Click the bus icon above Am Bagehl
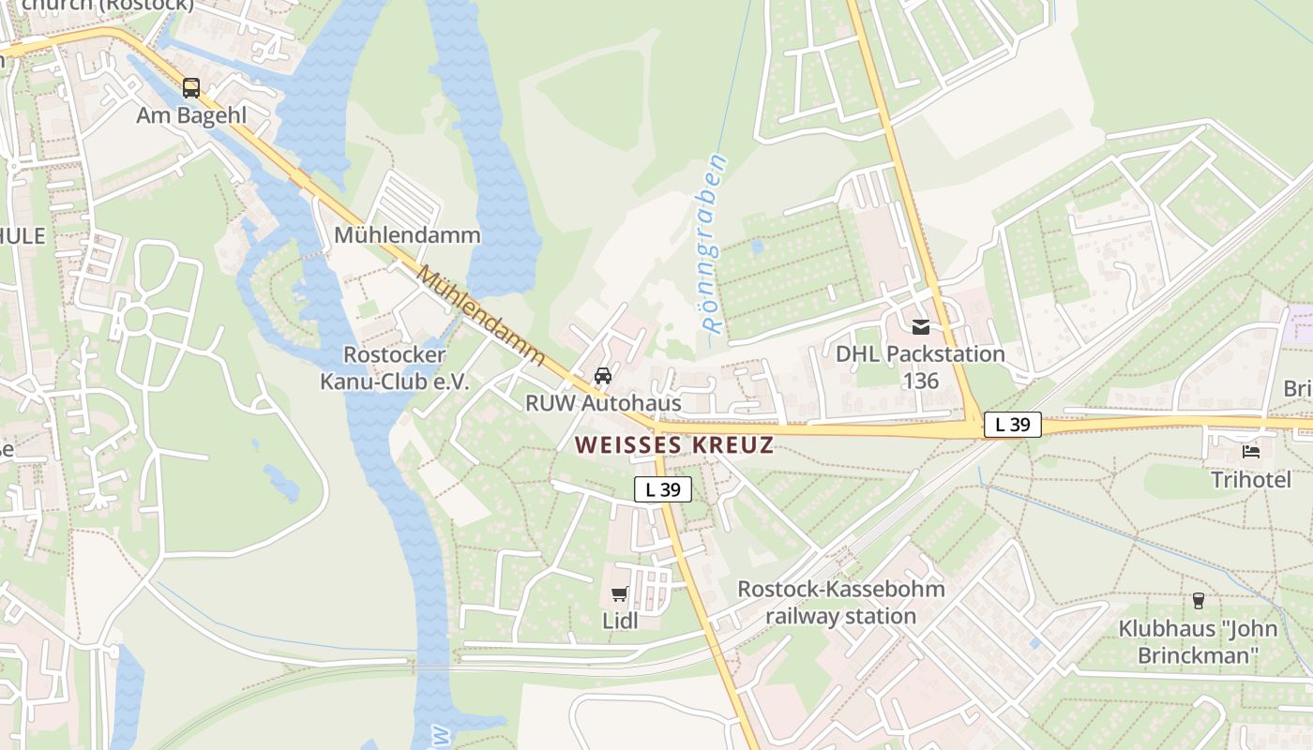click(191, 88)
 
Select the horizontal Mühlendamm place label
click(407, 234)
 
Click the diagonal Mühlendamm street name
click(481, 315)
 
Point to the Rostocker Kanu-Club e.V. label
click(394, 368)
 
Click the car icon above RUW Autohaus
click(603, 376)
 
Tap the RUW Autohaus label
click(602, 403)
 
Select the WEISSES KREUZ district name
click(674, 444)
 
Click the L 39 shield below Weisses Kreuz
click(663, 488)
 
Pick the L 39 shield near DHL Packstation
click(1012, 425)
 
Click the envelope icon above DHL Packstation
click(921, 327)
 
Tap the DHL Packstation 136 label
click(920, 367)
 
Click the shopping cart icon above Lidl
click(619, 593)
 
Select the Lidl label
click(619, 620)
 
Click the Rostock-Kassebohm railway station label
click(840, 603)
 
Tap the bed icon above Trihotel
click(1251, 452)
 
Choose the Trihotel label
click(1250, 480)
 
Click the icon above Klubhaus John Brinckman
click(1198, 601)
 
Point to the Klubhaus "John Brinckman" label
click(1198, 641)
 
